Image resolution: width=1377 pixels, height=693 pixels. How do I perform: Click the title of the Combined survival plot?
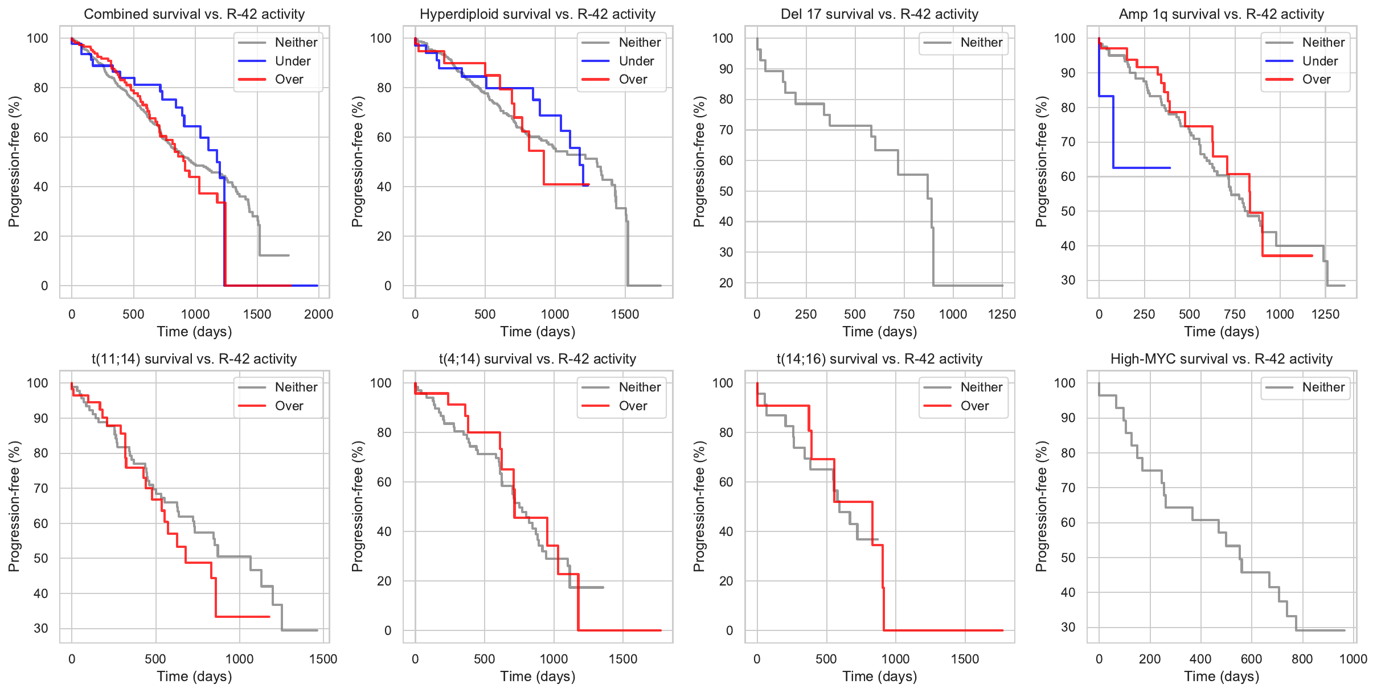tap(194, 14)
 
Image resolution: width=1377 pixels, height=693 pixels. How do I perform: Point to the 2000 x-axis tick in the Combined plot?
tap(318, 314)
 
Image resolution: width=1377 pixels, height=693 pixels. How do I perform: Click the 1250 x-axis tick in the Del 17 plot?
tap(1002, 314)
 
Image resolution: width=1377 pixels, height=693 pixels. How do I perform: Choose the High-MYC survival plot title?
tap(1221, 359)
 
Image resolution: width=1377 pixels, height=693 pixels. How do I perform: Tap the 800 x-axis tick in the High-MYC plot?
tap(1302, 659)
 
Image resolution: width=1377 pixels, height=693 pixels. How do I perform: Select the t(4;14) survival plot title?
tap(537, 359)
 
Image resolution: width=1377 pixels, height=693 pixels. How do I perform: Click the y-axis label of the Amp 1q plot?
tap(1042, 162)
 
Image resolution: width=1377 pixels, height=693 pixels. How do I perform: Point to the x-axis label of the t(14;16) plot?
tap(879, 676)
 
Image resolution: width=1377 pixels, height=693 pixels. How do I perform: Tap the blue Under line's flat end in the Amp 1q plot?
tap(1169, 168)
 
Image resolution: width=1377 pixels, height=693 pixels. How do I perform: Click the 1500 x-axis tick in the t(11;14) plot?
tap(323, 659)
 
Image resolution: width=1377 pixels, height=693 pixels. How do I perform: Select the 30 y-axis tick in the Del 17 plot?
tap(726, 252)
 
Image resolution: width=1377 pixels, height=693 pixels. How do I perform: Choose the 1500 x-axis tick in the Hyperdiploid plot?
tap(625, 314)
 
